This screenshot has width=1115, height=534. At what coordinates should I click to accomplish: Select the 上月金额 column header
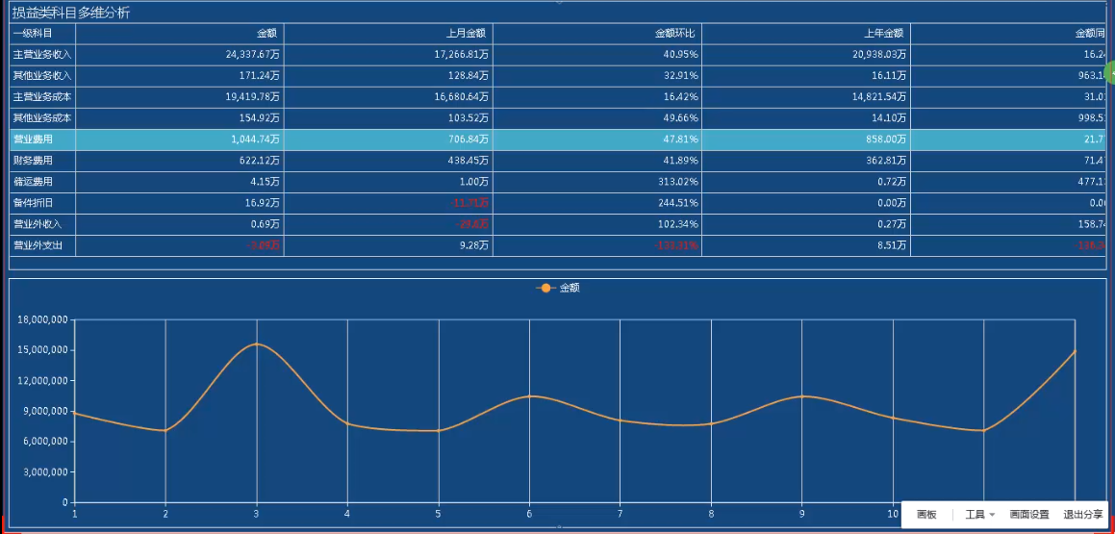point(467,34)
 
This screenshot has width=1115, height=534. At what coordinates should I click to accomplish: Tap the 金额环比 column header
point(676,34)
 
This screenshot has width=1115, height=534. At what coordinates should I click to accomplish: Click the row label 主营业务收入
point(41,55)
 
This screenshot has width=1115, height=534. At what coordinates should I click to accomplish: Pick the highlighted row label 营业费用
point(33,140)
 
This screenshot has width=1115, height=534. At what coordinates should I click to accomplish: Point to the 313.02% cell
point(676,182)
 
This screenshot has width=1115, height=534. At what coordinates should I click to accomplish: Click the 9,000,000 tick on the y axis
point(44,411)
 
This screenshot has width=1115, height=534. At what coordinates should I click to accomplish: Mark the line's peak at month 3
point(256,343)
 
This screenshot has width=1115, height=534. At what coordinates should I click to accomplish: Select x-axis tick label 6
point(529,513)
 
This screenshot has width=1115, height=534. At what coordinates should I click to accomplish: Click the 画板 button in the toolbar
point(926,515)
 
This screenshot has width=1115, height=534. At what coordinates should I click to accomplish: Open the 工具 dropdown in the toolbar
point(978,515)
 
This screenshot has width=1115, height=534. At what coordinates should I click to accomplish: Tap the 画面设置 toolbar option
point(1029,515)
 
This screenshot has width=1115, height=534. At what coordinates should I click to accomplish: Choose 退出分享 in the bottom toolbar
point(1083,515)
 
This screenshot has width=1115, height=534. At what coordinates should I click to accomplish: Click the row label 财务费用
point(33,161)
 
